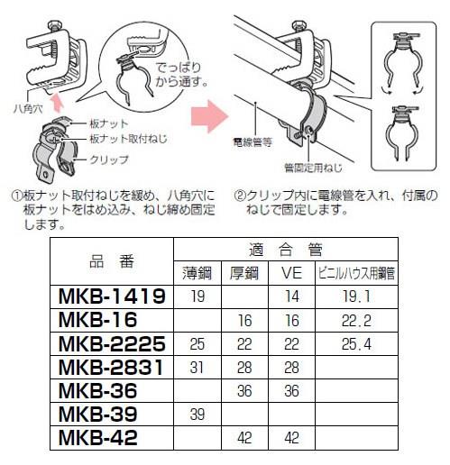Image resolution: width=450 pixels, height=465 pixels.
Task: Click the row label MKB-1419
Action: point(112,296)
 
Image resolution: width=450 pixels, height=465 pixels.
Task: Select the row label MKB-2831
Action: point(111,367)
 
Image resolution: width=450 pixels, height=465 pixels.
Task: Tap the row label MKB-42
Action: point(98,438)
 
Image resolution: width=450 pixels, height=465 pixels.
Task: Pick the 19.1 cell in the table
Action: point(356,296)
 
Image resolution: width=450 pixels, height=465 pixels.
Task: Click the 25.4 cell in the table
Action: point(356,344)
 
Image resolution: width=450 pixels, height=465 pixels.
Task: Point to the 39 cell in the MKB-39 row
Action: point(197,415)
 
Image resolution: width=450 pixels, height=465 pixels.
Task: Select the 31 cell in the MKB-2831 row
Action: point(197,368)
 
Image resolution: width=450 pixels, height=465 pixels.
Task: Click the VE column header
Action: point(291,273)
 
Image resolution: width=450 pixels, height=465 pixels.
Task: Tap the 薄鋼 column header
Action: point(197,273)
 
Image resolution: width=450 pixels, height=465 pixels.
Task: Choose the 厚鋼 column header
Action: point(244,273)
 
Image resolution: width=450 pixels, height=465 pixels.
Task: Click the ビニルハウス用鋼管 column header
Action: point(356,273)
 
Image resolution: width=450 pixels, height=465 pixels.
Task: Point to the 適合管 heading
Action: point(286,250)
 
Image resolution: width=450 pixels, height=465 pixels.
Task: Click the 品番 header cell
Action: point(112,261)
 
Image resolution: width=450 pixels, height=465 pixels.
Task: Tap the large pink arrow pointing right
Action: point(210,116)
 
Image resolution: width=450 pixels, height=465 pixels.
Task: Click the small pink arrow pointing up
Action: point(58,103)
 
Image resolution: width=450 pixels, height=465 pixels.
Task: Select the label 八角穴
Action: point(29,108)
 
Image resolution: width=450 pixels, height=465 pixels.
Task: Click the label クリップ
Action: point(109,160)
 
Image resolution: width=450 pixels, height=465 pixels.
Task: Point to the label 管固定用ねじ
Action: point(314,168)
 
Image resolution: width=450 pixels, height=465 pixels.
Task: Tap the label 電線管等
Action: point(253,142)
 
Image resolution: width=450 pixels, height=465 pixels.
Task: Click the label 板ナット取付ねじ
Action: point(128,139)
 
